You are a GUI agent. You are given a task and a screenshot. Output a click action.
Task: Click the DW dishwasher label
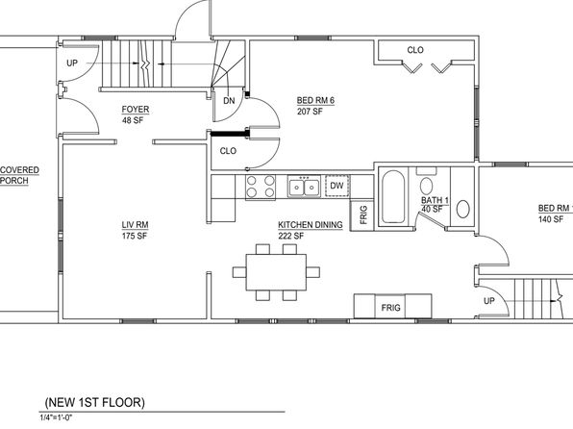(x=336, y=186)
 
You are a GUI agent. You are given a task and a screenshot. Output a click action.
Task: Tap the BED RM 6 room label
(x=315, y=100)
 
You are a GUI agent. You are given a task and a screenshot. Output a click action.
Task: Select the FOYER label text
(x=136, y=110)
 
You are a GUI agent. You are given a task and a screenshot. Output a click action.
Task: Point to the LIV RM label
(x=135, y=225)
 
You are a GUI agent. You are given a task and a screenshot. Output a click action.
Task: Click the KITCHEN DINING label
(x=311, y=225)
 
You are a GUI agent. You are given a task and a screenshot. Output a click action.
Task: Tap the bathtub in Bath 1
(x=393, y=196)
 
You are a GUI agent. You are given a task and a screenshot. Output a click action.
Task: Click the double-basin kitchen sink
(x=304, y=187)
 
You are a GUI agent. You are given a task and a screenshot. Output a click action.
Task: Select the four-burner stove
(x=261, y=188)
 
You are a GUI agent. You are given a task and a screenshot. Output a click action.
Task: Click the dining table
(x=276, y=272)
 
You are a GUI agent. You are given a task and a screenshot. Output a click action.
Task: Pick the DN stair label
(x=229, y=101)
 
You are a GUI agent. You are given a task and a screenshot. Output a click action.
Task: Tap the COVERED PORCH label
(x=19, y=176)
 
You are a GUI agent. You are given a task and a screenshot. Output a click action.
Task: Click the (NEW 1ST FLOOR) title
(x=94, y=402)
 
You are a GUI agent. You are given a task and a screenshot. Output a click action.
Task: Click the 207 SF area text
(x=310, y=112)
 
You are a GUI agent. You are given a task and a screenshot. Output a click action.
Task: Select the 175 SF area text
(x=135, y=236)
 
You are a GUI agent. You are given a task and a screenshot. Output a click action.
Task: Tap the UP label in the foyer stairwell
(x=72, y=63)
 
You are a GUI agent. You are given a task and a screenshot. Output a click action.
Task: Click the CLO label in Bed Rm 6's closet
(x=415, y=50)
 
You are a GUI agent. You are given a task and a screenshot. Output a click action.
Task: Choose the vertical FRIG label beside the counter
(x=363, y=214)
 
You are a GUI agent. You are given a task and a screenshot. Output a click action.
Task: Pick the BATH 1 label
(x=435, y=200)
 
